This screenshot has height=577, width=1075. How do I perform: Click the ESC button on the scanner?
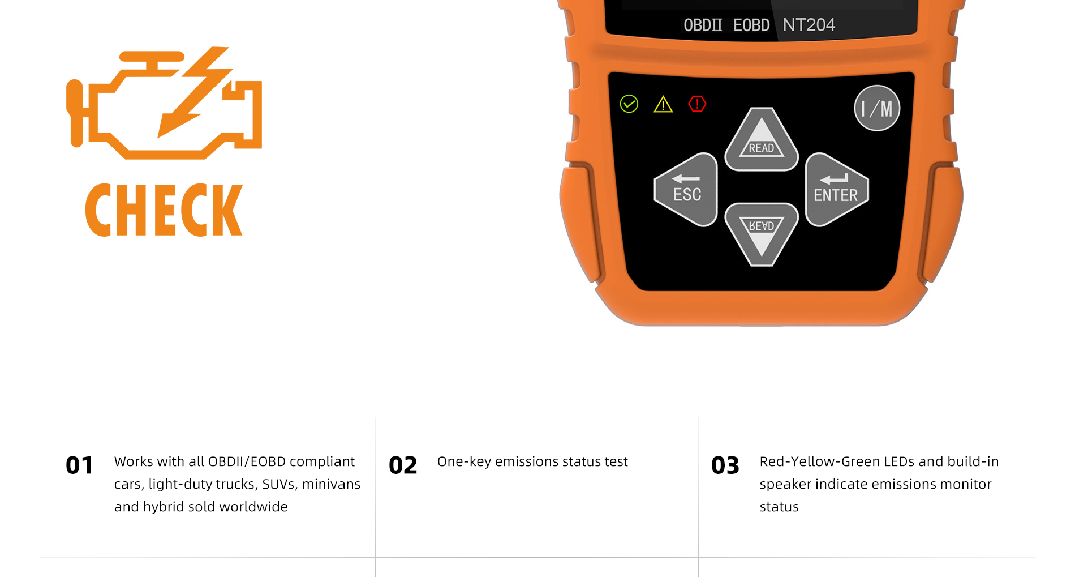(x=686, y=190)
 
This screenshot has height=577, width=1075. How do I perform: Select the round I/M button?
(x=877, y=108)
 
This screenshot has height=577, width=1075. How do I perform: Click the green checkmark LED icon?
(x=629, y=104)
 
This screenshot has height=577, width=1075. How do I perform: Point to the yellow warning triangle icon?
(x=663, y=104)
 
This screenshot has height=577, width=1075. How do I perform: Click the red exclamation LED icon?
(x=697, y=104)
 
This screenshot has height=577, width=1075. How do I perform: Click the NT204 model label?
(x=809, y=25)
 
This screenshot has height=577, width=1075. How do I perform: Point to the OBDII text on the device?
(x=703, y=25)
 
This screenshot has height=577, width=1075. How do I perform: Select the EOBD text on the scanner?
(x=751, y=25)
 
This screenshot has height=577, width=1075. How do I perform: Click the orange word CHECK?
(x=164, y=210)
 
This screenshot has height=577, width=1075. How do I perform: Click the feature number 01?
(x=79, y=465)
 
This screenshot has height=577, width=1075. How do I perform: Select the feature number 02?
(x=403, y=465)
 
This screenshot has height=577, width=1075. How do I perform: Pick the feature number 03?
(x=725, y=465)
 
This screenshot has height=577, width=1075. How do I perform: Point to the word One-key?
(x=464, y=462)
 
